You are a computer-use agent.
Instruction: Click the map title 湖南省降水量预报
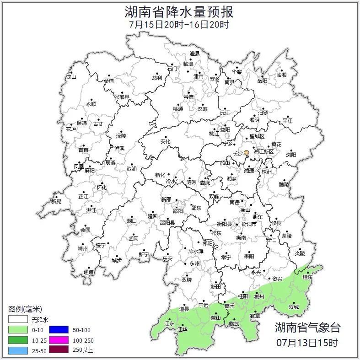pos(179,11)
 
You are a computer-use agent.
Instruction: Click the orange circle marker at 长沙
pos(247,153)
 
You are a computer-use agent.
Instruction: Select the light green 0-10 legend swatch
pos(18,330)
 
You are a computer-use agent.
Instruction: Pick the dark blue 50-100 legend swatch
pos(59,330)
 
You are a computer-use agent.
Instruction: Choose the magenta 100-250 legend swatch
pos(59,340)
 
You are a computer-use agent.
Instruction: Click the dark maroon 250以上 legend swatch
pos(59,350)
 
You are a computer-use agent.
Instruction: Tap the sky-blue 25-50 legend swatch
pos(18,350)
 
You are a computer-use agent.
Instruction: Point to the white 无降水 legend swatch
pos(18,319)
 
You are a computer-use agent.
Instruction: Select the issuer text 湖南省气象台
pos(307,328)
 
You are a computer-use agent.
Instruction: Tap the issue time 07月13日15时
pos(307,342)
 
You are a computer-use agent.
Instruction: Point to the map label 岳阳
pos(262,81)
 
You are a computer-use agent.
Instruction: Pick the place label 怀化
pos(102,188)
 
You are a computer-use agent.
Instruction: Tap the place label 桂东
pos(308,277)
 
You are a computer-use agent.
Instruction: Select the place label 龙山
pos(71,77)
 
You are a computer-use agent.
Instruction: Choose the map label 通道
pos(89,273)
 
